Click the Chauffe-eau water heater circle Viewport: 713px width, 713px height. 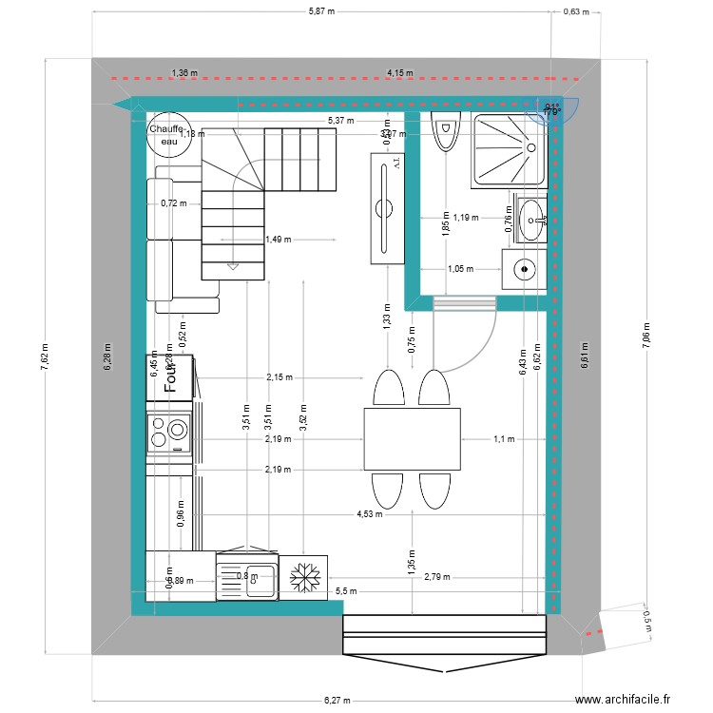(167, 134)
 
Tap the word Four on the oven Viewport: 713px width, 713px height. (172, 375)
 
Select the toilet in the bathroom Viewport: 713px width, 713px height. (444, 131)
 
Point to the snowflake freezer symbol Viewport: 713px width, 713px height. (306, 576)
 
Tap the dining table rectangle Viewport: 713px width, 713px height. (412, 438)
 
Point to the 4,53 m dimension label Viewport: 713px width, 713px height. (369, 514)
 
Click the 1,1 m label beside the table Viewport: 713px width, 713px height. (503, 439)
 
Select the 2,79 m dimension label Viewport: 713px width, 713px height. (437, 576)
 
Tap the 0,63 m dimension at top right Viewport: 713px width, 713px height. (576, 12)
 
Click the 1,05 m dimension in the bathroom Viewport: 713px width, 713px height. (459, 269)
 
